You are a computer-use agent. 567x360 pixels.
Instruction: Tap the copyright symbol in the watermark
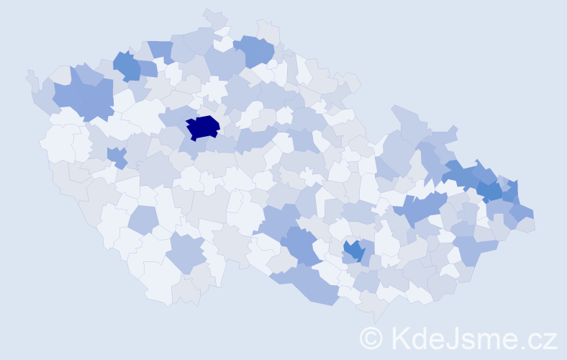tap(372, 338)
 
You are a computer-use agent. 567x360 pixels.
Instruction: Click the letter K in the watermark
tap(400, 338)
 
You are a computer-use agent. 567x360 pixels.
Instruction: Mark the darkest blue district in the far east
tap(491, 191)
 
